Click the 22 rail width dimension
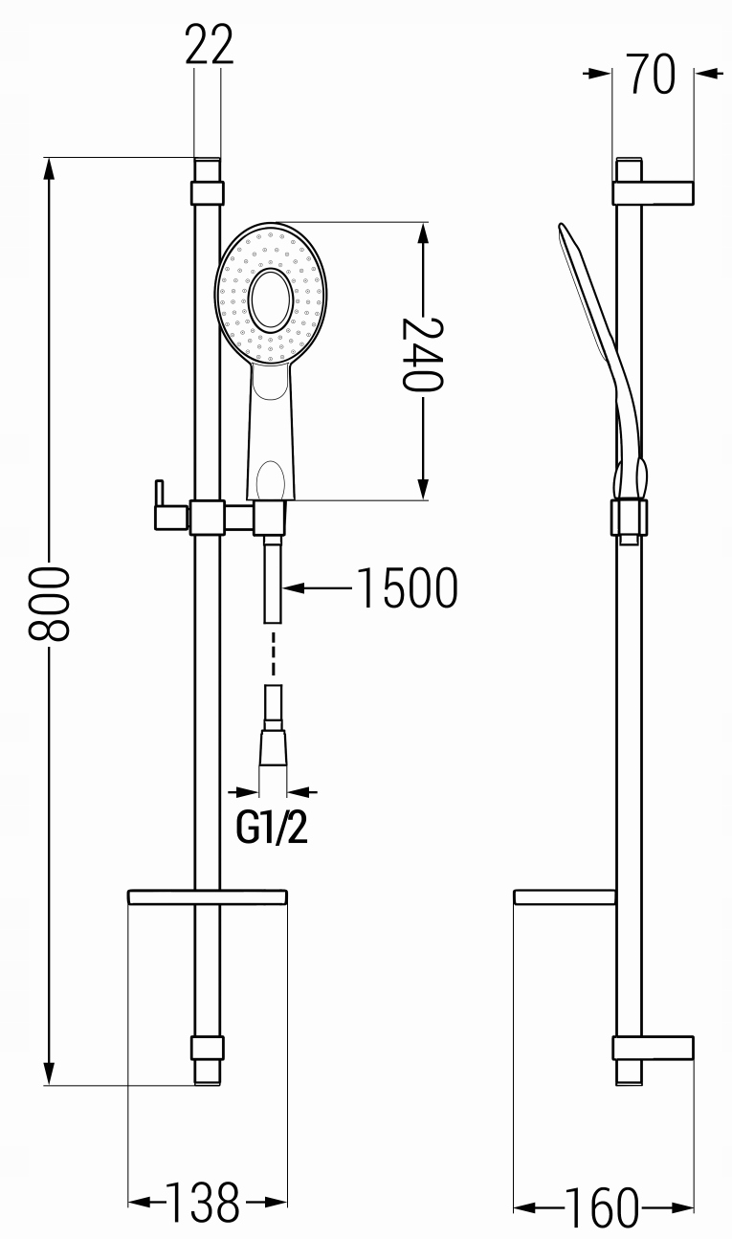tap(210, 44)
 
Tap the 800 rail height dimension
tap(49, 603)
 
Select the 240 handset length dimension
tap(423, 355)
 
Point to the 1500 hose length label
tap(409, 588)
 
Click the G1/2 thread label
tap(272, 828)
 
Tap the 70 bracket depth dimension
tap(652, 73)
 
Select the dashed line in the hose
tap(273, 653)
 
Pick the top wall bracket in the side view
tap(653, 193)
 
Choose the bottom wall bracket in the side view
tap(653, 1049)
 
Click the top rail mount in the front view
tap(208, 193)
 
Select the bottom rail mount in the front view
tap(208, 1049)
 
